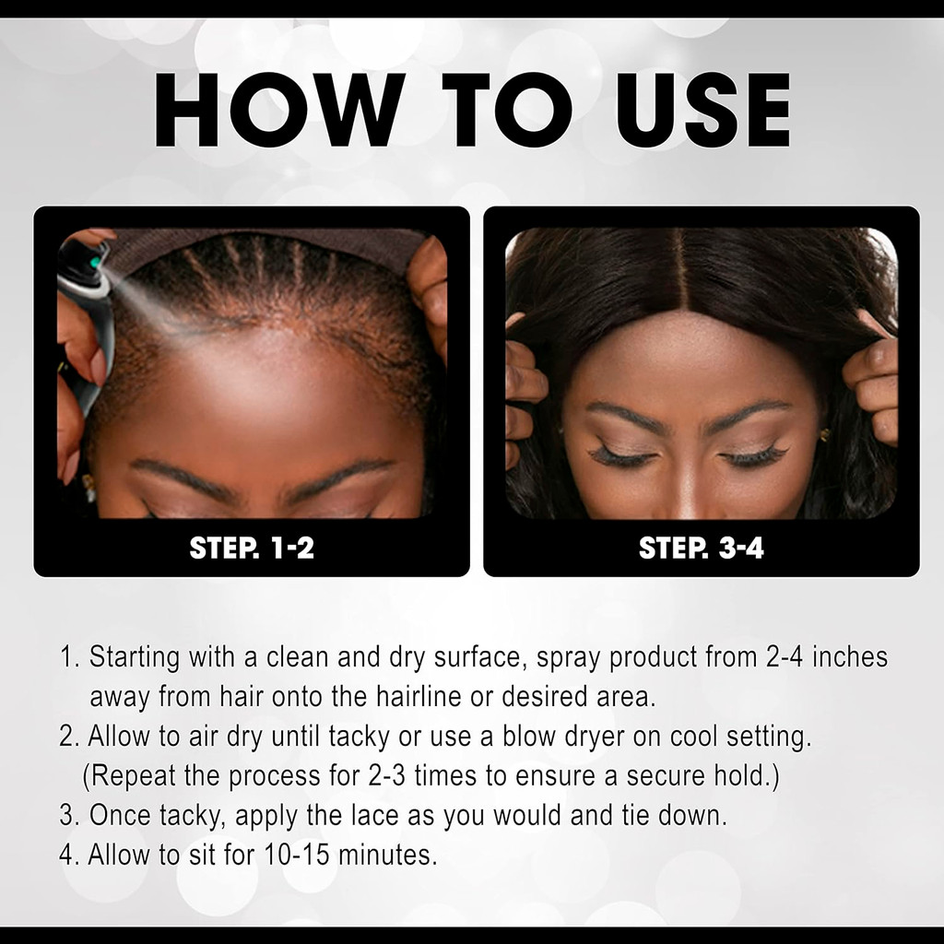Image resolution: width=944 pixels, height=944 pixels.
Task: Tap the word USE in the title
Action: (x=702, y=110)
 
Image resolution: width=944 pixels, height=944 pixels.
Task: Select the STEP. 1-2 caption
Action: (x=252, y=548)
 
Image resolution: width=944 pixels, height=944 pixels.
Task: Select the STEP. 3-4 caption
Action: (x=702, y=548)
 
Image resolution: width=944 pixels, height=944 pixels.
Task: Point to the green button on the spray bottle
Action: (x=95, y=263)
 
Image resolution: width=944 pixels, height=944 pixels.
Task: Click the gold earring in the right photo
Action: (x=824, y=435)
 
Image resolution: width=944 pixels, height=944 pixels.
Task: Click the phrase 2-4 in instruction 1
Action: (x=785, y=656)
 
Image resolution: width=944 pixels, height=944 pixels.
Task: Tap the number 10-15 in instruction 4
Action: (x=297, y=855)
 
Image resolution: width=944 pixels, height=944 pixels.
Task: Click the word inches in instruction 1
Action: (x=850, y=656)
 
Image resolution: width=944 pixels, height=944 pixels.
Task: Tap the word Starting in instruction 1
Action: (x=135, y=657)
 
